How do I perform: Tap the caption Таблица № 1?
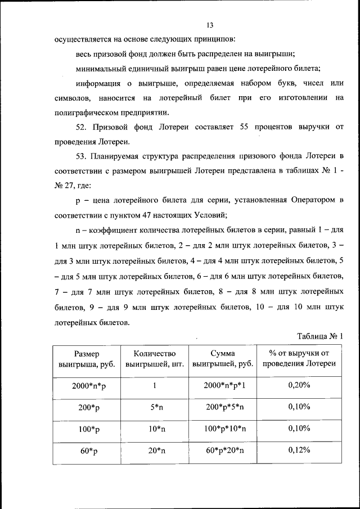(319, 336)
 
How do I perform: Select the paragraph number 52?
(82, 127)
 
